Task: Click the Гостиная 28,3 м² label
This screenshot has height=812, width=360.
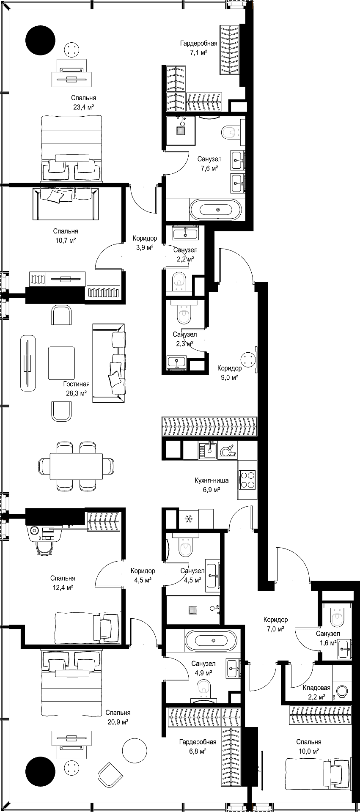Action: click(x=76, y=388)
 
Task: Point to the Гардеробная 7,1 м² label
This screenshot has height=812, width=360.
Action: click(x=198, y=48)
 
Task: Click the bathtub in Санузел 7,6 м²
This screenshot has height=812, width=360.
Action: click(x=215, y=209)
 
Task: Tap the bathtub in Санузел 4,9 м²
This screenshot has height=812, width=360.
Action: click(x=211, y=641)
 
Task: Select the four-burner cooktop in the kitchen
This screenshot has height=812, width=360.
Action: click(x=247, y=480)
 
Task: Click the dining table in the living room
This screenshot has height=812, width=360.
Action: click(x=76, y=466)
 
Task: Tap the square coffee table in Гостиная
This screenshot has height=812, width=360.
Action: click(x=61, y=363)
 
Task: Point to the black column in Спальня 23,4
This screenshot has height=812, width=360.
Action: click(x=41, y=41)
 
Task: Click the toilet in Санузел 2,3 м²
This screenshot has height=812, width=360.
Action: click(x=184, y=315)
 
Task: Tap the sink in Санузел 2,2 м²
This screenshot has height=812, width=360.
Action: click(x=185, y=232)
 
